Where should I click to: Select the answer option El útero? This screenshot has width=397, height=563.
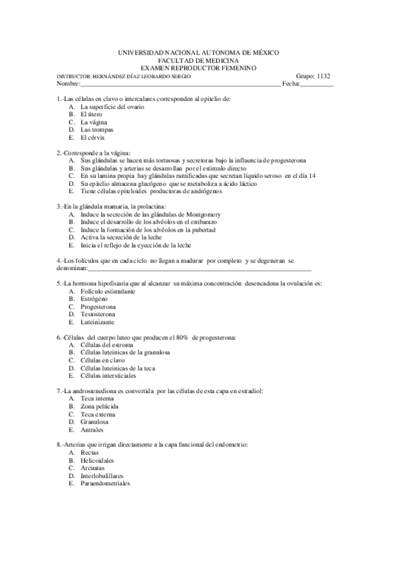point(91,114)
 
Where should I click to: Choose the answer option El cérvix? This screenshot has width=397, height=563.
point(93,137)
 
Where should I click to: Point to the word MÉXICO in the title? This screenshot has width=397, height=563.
point(262,52)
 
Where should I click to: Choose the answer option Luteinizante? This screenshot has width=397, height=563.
point(97,322)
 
